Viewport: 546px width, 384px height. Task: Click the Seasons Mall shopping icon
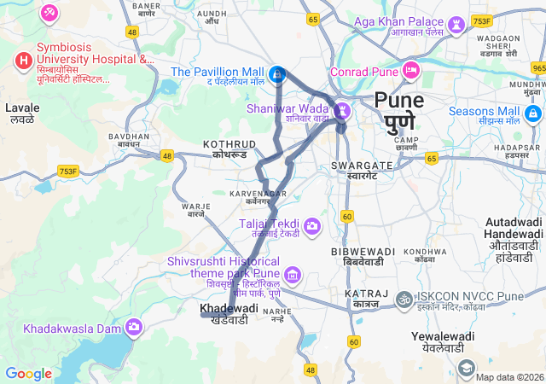pos(533,113)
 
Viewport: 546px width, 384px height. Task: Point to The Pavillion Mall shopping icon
pos(277,75)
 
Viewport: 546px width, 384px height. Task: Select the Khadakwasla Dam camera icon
pos(134,327)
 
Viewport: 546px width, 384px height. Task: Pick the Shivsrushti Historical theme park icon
pos(293,275)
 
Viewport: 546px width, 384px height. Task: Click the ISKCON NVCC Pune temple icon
pos(404,300)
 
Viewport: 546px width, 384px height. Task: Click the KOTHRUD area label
pos(229,144)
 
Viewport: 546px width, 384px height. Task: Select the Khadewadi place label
pos(229,308)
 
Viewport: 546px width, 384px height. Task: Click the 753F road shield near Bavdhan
pos(67,172)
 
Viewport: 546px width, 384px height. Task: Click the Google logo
pos(28,373)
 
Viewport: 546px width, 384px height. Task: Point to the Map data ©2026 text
pos(509,376)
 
